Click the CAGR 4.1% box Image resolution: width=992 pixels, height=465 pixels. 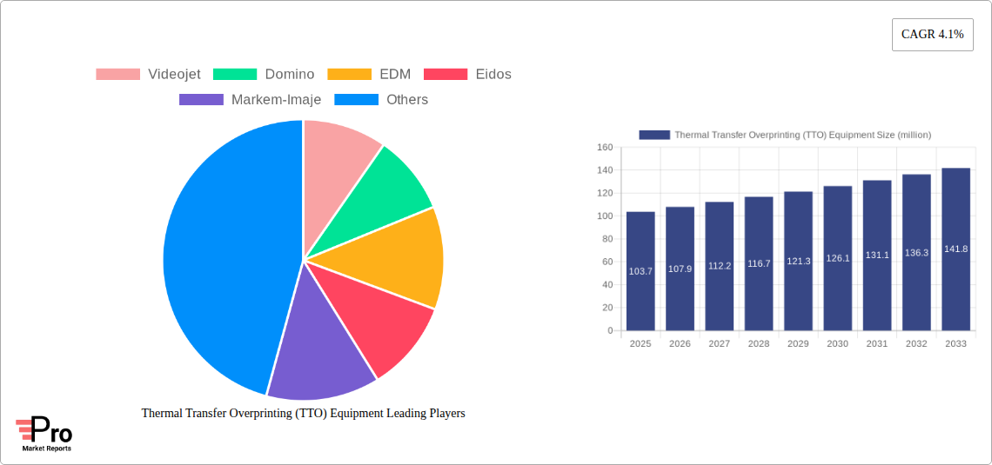pos(932,34)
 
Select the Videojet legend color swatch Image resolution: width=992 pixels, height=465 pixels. pos(117,74)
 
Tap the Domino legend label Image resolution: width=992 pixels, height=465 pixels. pos(290,74)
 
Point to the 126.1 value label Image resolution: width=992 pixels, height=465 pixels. pos(837,258)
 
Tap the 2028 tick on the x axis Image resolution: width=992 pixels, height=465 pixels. pos(759,344)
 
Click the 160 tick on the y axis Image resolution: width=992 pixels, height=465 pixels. pos(604,148)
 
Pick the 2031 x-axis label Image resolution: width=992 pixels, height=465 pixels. pos(877,344)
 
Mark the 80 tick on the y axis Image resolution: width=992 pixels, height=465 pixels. pos(607,239)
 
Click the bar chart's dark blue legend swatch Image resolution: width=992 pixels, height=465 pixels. pos(654,135)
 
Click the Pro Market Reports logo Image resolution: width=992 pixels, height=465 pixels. pos(44,434)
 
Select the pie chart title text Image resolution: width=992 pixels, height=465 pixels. pos(303,414)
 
